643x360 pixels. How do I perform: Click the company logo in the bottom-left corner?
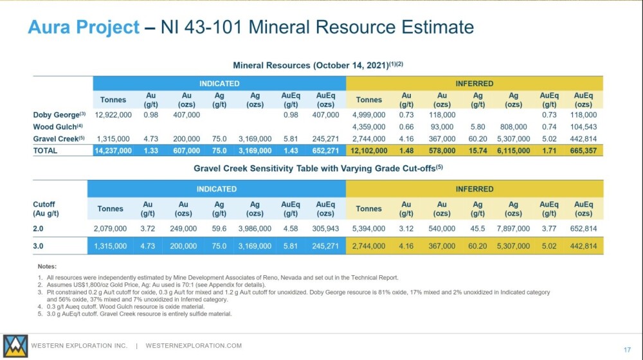(15, 346)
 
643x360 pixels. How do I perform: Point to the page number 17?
(627, 350)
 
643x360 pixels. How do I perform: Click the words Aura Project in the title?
(84, 27)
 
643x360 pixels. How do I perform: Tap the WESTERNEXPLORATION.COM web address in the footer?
(194, 346)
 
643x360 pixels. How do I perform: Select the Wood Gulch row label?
(58, 127)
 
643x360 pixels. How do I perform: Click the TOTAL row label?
(45, 150)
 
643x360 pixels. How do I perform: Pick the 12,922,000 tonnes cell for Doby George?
(113, 115)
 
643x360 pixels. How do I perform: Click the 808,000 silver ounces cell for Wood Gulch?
(513, 127)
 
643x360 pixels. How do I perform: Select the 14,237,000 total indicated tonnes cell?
(113, 150)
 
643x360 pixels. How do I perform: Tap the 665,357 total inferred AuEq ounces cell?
(583, 150)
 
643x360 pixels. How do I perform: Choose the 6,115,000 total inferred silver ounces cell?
(513, 150)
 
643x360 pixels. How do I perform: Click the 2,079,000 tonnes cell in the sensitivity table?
(110, 228)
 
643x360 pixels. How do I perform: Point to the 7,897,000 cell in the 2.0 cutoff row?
(513, 228)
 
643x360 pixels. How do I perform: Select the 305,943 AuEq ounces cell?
(325, 228)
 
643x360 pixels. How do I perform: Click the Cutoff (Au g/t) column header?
(46, 209)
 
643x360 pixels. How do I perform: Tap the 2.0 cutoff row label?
(38, 228)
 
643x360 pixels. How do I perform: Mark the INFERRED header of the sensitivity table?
(475, 189)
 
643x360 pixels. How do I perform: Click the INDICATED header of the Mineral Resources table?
(219, 84)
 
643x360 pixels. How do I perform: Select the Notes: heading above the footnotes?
(47, 267)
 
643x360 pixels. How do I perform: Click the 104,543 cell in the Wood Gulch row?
(583, 127)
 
